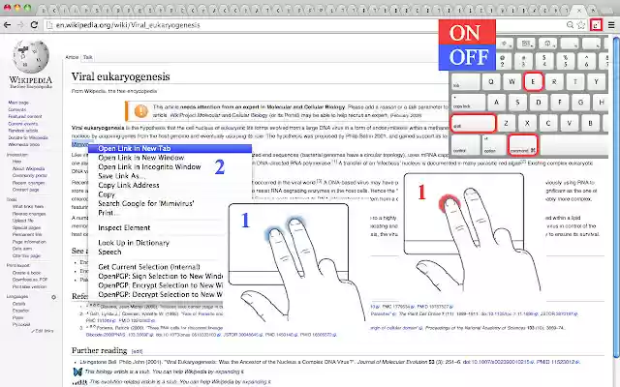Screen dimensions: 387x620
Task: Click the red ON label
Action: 470,34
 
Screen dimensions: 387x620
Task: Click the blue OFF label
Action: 470,57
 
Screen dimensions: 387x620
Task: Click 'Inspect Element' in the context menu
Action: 130,227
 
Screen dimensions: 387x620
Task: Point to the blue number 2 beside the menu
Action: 220,166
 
